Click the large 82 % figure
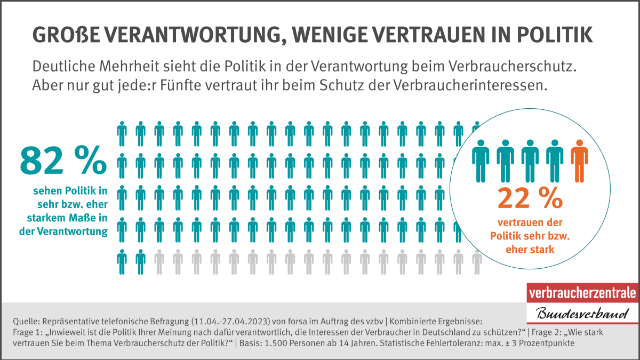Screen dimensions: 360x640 click(x=63, y=161)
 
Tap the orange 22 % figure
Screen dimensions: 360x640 click(x=530, y=197)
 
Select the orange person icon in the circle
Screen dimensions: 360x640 click(x=579, y=159)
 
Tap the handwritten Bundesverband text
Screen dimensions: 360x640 click(x=582, y=313)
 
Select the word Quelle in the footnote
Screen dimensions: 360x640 click(x=23, y=321)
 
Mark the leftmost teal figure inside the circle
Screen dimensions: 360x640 click(x=481, y=159)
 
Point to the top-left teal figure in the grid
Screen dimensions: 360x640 click(x=122, y=133)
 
